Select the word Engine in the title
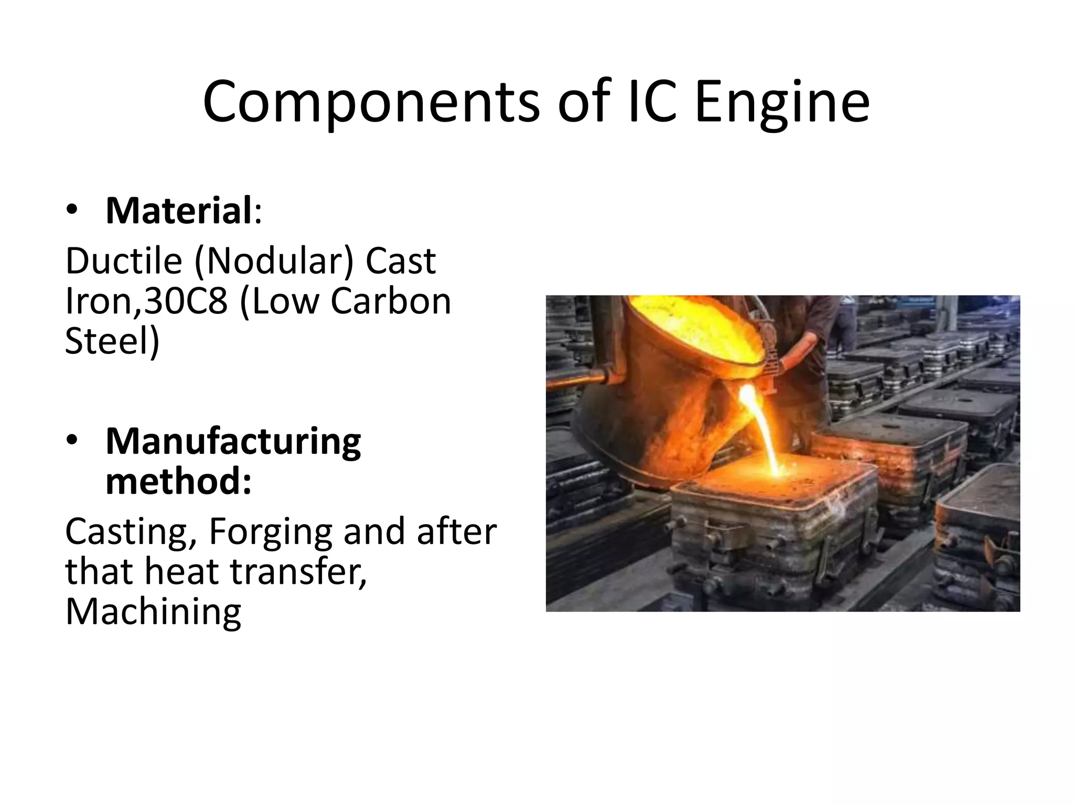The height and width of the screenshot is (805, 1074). [782, 102]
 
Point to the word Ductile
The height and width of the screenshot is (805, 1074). [123, 260]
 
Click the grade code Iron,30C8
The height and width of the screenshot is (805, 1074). [146, 301]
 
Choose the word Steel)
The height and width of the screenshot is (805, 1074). [112, 341]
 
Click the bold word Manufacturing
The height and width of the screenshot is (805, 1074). [233, 442]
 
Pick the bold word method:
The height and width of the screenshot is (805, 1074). [179, 482]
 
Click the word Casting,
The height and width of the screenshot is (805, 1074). [126, 531]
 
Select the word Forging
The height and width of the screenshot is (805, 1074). [271, 532]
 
